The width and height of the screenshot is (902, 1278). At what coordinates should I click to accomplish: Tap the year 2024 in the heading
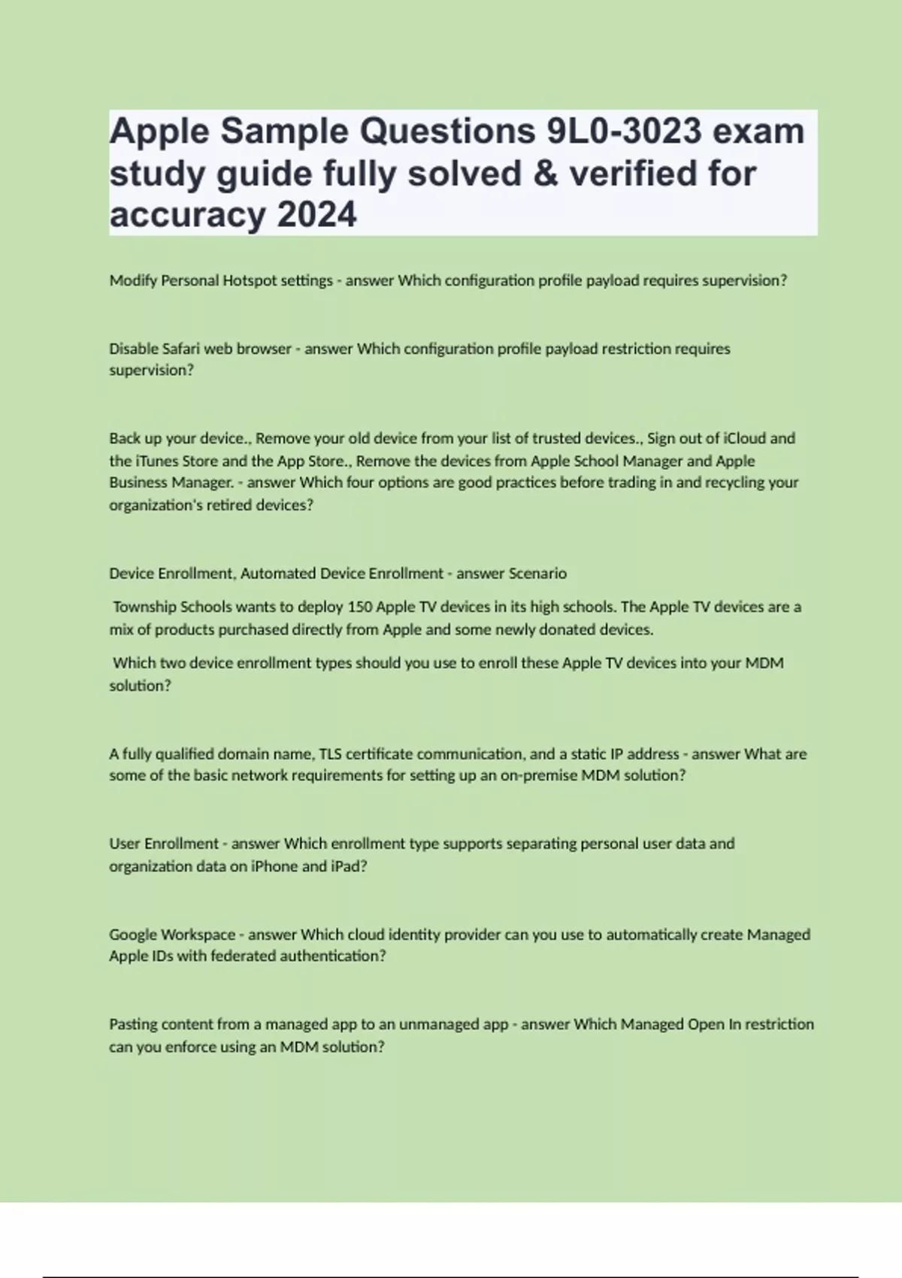pyautogui.click(x=316, y=215)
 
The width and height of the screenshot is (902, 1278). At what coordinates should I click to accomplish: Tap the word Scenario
pyautogui.click(x=537, y=574)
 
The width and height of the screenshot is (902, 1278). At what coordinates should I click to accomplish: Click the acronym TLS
pyautogui.click(x=331, y=754)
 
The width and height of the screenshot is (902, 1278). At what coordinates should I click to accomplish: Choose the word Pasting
pyautogui.click(x=133, y=1025)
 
